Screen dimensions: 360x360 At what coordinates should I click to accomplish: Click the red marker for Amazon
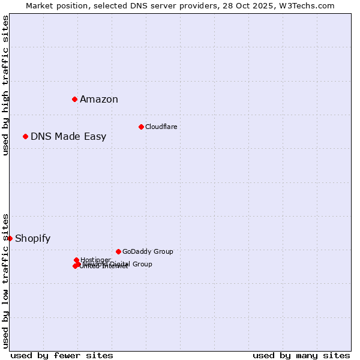point(74,99)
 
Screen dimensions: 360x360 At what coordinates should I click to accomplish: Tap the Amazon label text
point(99,100)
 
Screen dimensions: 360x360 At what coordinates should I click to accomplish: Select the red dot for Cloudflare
point(141,127)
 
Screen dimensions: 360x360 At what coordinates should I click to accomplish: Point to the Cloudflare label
point(161,127)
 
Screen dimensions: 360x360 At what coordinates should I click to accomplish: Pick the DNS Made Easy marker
point(25,136)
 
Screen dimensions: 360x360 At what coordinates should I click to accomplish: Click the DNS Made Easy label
point(68,137)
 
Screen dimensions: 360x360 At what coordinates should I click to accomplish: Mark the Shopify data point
point(10,238)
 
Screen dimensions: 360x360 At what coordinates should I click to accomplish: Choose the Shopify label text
point(33,239)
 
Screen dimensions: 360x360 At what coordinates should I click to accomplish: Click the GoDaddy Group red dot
point(118,251)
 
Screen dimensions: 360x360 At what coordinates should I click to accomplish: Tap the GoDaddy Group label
point(148,251)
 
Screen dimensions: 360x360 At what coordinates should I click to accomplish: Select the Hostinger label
point(96,260)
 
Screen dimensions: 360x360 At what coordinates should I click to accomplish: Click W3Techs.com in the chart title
point(305,5)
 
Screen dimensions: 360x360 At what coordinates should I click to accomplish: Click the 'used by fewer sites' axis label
point(62,355)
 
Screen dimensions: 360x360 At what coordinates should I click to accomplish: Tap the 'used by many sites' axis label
point(301,355)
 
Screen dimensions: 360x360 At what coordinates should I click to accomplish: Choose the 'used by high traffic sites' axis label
point(5,85)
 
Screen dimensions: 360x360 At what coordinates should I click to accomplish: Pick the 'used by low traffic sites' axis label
point(5,281)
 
